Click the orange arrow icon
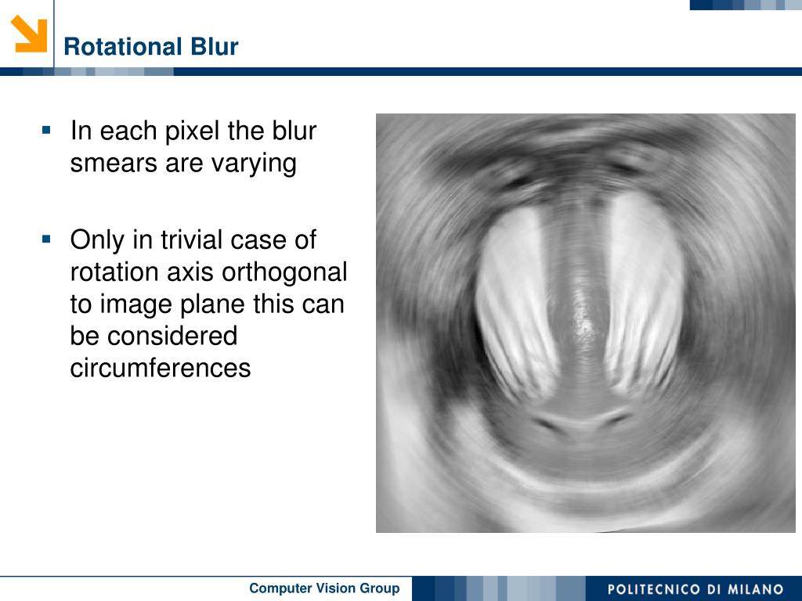[x=29, y=34]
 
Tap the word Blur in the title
[x=215, y=46]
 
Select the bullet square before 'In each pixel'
[x=46, y=130]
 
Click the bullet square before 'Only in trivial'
[x=46, y=239]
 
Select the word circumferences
[x=161, y=368]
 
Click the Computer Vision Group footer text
[x=324, y=588]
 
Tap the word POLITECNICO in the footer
[x=654, y=589]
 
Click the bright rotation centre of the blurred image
[x=582, y=324]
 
